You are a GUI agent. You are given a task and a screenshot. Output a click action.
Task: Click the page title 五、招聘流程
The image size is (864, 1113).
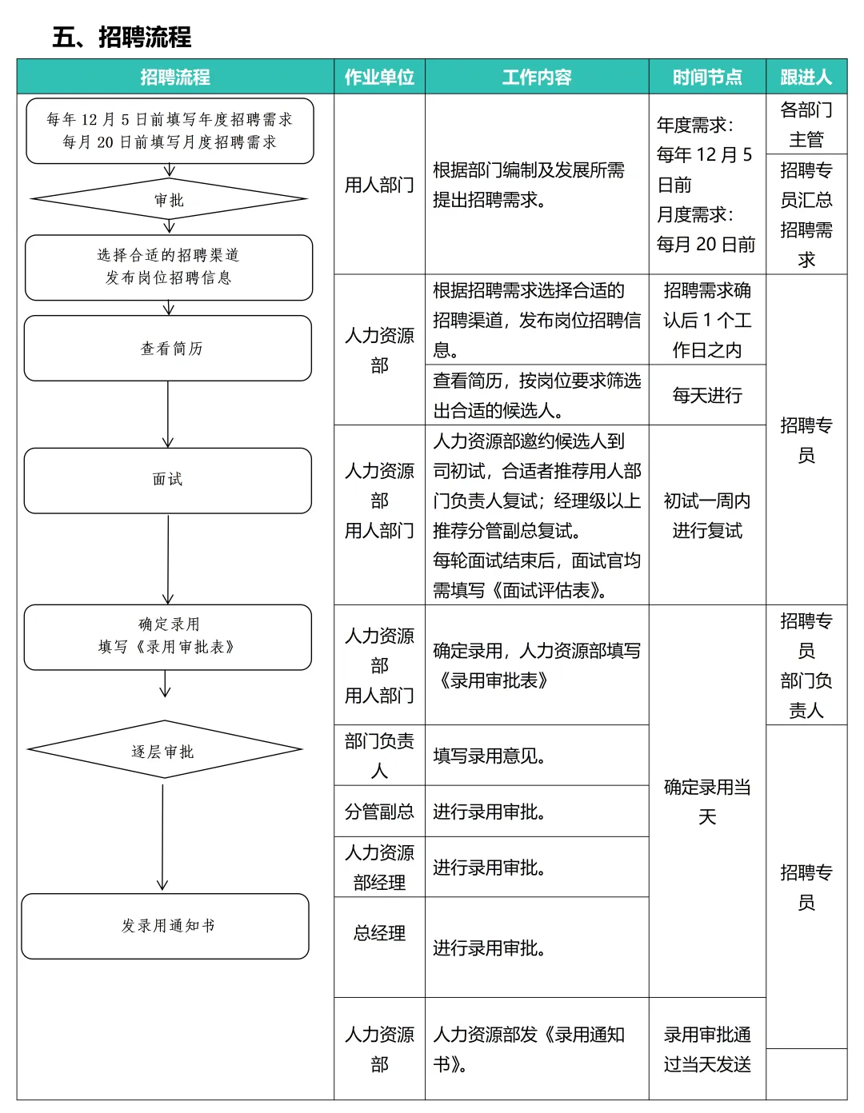122,37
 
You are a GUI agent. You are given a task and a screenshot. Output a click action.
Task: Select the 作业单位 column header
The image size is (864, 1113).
379,77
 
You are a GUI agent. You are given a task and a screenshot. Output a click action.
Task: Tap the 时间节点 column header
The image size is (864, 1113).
707,77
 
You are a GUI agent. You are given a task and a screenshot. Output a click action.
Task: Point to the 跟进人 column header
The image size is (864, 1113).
806,77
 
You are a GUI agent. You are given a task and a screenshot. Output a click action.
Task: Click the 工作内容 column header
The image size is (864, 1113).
537,77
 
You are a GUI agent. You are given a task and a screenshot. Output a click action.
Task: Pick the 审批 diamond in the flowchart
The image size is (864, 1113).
169,199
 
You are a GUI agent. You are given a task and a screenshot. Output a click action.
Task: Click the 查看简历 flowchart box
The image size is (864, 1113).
168,348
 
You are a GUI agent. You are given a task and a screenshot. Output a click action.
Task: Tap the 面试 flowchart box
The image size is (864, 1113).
168,480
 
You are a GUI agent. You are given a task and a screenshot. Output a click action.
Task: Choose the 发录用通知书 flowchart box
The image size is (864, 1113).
166,926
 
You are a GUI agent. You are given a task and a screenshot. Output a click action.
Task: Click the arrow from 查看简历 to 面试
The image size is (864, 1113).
168,414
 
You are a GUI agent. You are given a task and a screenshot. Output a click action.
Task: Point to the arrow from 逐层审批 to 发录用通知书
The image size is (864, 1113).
162,836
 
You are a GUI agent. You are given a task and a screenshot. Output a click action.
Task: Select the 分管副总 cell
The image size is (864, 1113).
379,812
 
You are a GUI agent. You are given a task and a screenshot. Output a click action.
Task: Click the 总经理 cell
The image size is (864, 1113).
379,933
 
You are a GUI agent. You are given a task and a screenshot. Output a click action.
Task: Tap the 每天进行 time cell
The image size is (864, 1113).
707,395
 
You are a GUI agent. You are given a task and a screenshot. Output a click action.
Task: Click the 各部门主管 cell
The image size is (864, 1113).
806,124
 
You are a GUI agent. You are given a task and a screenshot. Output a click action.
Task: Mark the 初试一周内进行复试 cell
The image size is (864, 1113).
707,515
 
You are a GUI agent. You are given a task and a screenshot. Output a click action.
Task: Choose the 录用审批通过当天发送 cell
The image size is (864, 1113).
707,1049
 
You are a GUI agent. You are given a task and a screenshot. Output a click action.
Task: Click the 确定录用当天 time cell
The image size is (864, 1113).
707,801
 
